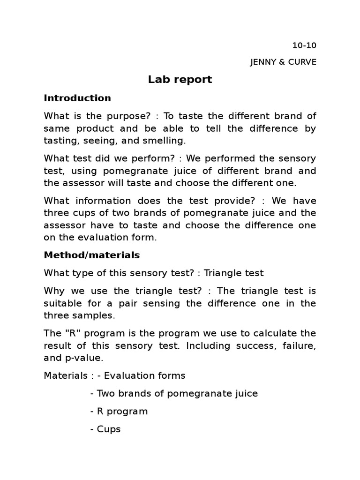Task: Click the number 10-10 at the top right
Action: pyautogui.click(x=304, y=45)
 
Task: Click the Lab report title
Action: pyautogui.click(x=180, y=80)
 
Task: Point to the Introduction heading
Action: pyautogui.click(x=77, y=98)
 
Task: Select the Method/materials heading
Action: pyautogui.click(x=92, y=255)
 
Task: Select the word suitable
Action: pyautogui.click(x=62, y=303)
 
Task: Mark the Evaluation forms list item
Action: pyautogui.click(x=144, y=375)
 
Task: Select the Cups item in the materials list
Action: pyautogui.click(x=109, y=429)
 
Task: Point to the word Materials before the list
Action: pyautogui.click(x=65, y=375)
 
